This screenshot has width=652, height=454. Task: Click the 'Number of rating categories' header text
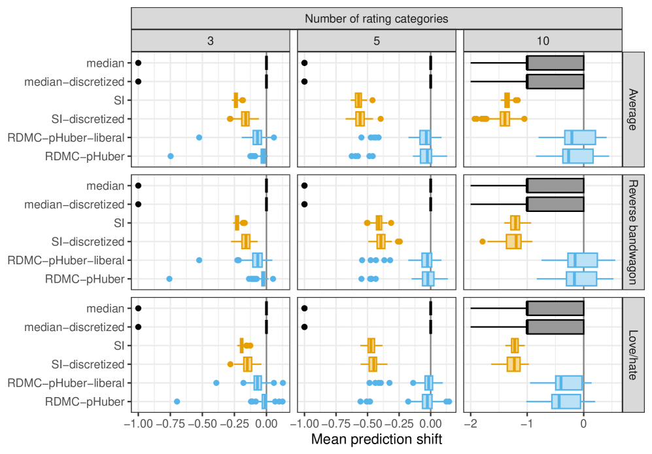(x=376, y=18)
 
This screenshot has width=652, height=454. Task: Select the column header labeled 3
(x=210, y=40)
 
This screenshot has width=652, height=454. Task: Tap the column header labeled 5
(x=376, y=40)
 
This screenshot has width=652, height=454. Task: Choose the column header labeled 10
(x=542, y=40)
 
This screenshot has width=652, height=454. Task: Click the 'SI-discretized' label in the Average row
(x=88, y=119)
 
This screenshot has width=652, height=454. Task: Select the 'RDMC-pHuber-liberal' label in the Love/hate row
(x=65, y=383)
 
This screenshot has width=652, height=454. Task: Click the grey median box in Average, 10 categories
(x=555, y=63)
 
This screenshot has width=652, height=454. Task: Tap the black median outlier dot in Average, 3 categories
(x=138, y=63)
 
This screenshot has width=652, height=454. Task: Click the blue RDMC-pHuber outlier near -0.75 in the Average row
(x=171, y=156)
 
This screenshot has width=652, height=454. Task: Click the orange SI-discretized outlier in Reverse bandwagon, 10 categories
(x=483, y=241)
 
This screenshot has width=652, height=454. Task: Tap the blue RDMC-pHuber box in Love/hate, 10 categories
(x=566, y=401)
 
